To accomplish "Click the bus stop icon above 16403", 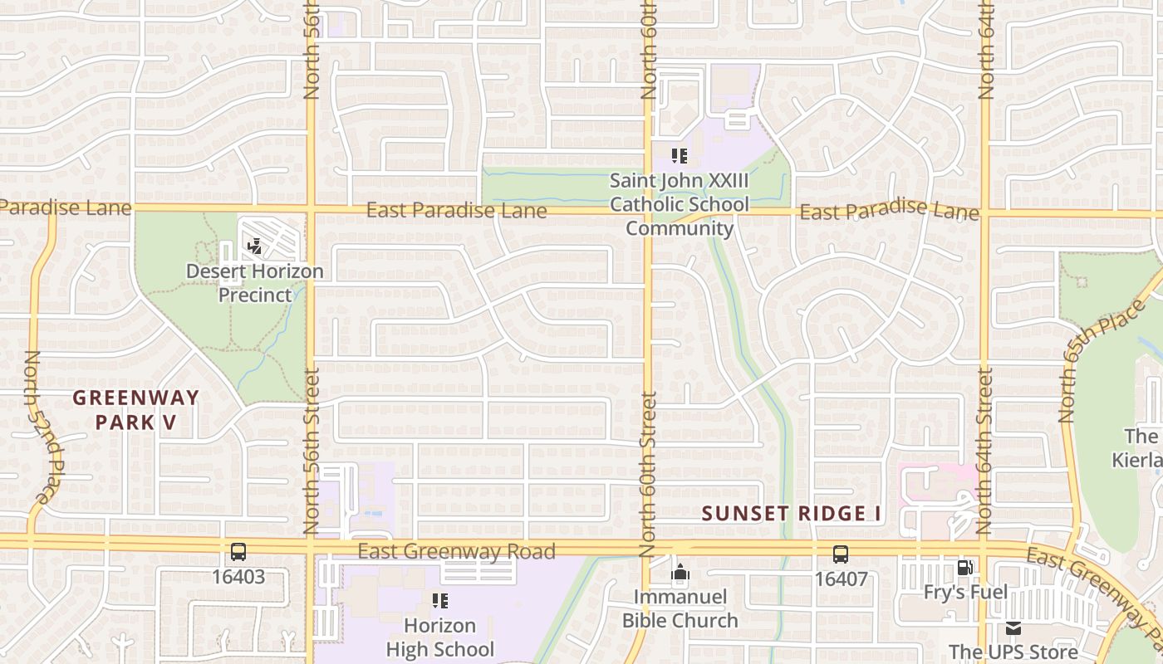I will (x=238, y=552).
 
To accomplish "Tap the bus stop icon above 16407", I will (x=841, y=554).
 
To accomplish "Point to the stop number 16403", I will (x=238, y=577).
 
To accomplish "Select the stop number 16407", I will (x=842, y=579).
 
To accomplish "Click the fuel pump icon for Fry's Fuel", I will (x=964, y=568).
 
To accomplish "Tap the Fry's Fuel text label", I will (x=965, y=592).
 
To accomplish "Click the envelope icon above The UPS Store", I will (x=1013, y=628).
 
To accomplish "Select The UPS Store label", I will (x=1012, y=652).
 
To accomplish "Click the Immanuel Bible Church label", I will (x=680, y=608).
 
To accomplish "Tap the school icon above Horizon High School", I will (x=439, y=600).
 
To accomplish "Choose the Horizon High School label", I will (x=440, y=637).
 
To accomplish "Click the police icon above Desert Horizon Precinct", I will (x=255, y=246).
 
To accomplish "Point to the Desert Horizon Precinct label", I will (x=255, y=283).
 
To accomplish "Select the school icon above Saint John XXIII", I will (x=680, y=155).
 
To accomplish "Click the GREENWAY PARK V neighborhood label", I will (x=135, y=410).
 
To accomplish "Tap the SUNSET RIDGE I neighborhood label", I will (x=791, y=514).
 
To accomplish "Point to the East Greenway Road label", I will (x=456, y=552).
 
